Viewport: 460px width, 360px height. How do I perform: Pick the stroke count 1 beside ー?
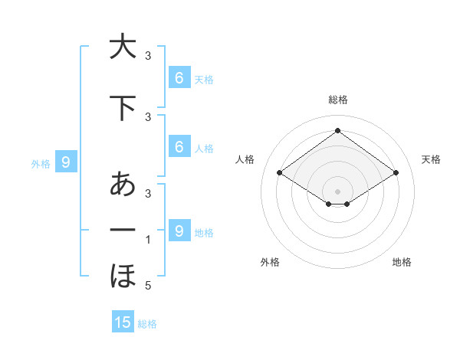pyautogui.click(x=148, y=241)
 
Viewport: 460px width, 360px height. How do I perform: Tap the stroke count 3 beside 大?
pyautogui.click(x=148, y=57)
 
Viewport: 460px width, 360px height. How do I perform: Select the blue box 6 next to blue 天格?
pyautogui.click(x=179, y=78)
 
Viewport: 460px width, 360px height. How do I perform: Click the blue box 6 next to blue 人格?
pyautogui.click(x=179, y=147)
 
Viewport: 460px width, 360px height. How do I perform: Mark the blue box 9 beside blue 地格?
pyautogui.click(x=179, y=231)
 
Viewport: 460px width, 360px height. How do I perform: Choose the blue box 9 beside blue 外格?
pyautogui.click(x=67, y=162)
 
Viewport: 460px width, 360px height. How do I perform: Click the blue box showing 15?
pyautogui.click(x=123, y=322)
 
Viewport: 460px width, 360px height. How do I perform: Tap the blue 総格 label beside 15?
pyautogui.click(x=148, y=324)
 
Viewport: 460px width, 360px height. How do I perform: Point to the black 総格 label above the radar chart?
pyautogui.click(x=338, y=100)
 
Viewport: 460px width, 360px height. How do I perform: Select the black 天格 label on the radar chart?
pyautogui.click(x=431, y=159)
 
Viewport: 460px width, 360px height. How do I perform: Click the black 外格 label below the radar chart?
pyautogui.click(x=270, y=262)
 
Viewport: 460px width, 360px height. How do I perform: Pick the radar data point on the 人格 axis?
pyautogui.click(x=280, y=173)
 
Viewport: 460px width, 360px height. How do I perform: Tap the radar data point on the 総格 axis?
pyautogui.click(x=337, y=131)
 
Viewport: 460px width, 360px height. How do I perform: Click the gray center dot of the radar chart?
pyautogui.click(x=337, y=191)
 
